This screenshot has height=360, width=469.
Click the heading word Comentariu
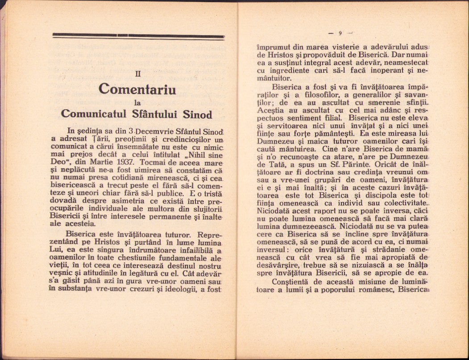(137, 89)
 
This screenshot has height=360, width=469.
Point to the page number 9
(340, 33)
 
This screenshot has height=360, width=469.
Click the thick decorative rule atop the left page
(138, 35)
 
